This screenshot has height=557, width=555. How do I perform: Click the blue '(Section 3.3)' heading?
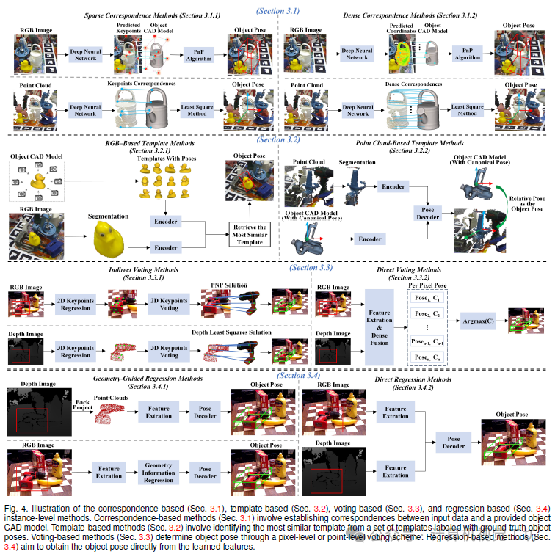(311, 268)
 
